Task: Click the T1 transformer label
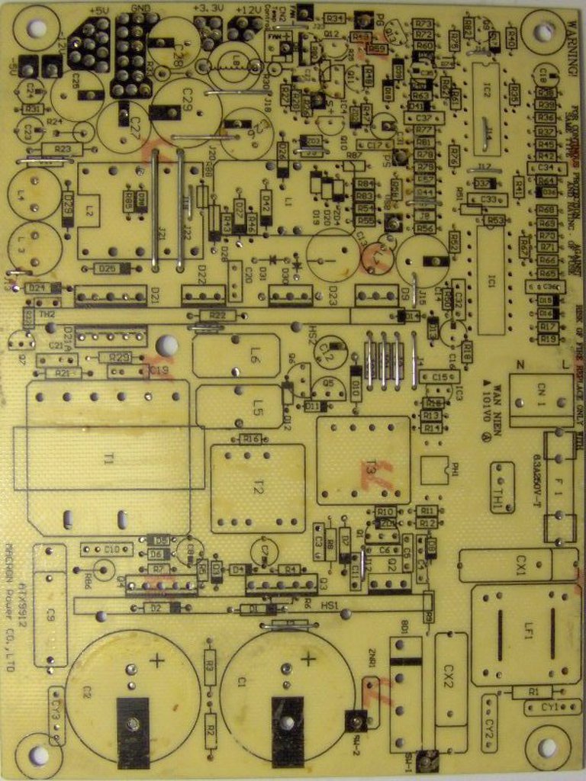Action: click(x=109, y=458)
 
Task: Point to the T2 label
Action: click(x=259, y=489)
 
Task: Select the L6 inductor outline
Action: click(x=237, y=355)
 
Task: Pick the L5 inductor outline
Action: click(x=239, y=406)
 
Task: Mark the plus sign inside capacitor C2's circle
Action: click(x=156, y=660)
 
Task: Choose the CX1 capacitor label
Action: click(x=521, y=565)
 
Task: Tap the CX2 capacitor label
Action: click(x=449, y=673)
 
